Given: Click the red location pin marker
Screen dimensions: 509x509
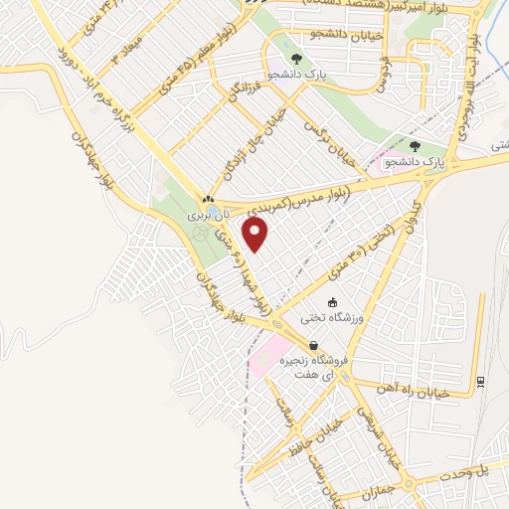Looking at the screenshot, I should point(256,235).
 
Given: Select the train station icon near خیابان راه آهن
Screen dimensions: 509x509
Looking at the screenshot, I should point(481,380).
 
